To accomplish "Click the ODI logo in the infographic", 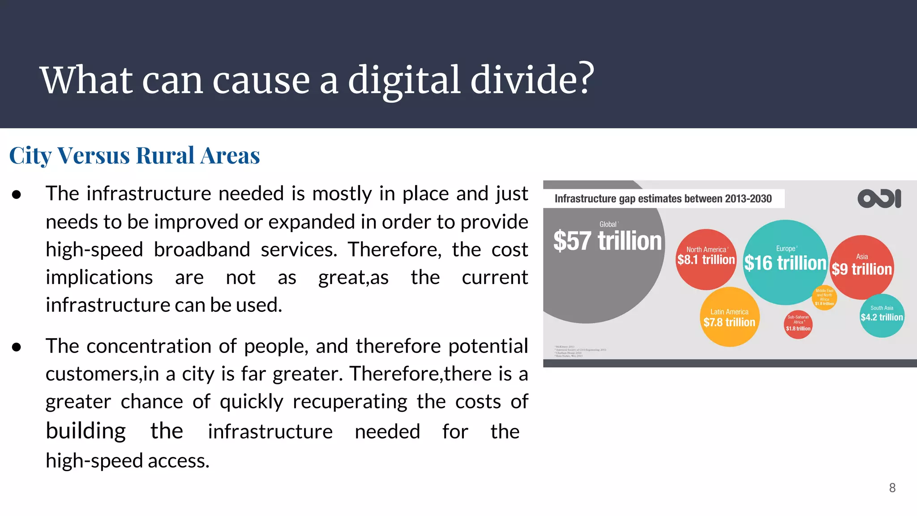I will point(879,198).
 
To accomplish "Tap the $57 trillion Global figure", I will point(607,241).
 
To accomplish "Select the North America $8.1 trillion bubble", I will point(706,259).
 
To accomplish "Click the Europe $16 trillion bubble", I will point(785,262).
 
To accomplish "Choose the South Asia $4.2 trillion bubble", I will point(882,315).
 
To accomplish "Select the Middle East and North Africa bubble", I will point(824,297).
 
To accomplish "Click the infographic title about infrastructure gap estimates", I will point(663,199).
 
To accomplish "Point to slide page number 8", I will point(892,488).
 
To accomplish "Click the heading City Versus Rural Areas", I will point(134,155).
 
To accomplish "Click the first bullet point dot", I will point(17,194).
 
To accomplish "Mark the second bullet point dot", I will point(17,347).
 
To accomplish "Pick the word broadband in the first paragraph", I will point(201,249).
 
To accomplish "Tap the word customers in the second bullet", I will point(92,374).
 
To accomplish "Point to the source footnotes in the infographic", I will point(580,351).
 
